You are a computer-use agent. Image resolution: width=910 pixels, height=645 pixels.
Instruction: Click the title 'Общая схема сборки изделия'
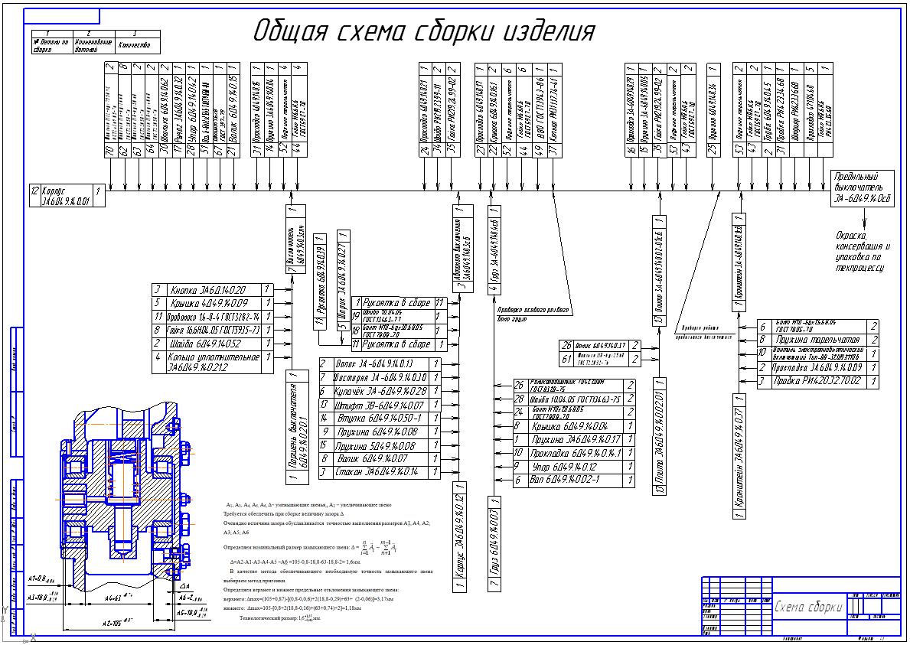pyautogui.click(x=424, y=31)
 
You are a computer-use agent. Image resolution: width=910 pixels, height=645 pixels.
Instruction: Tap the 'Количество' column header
pyautogui.click(x=139, y=46)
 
